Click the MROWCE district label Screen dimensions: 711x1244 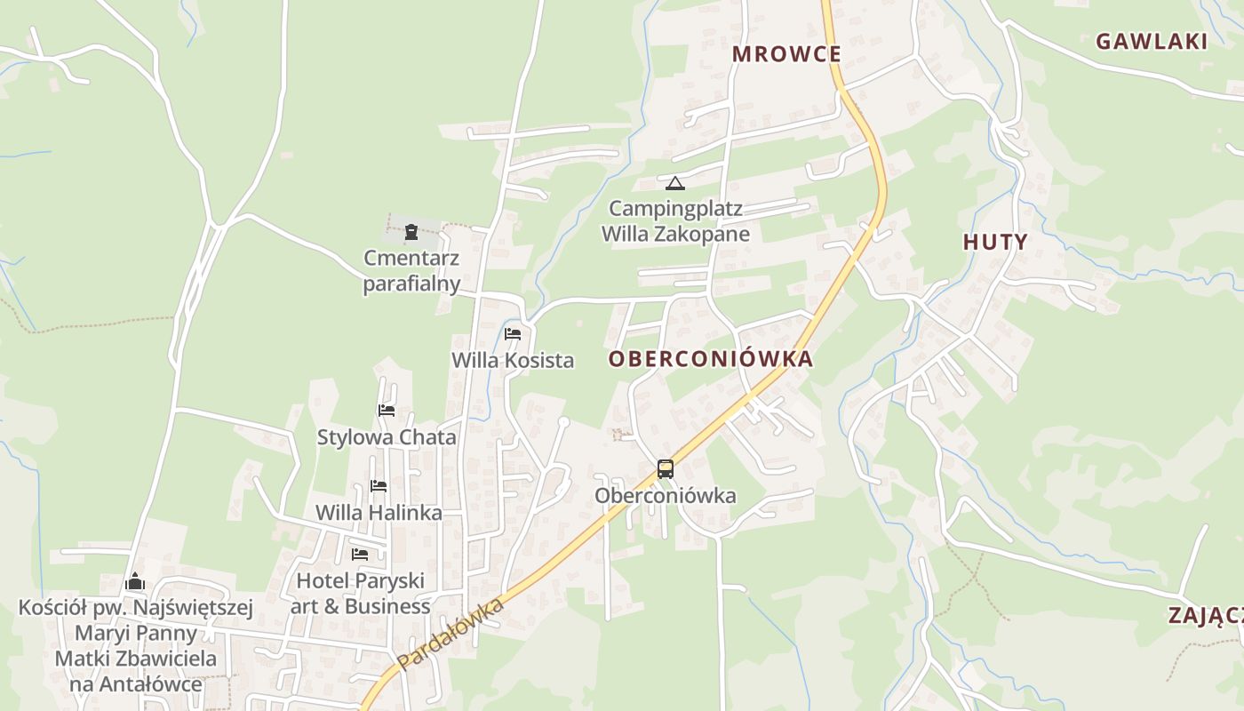786,54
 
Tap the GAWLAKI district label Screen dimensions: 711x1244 1152,41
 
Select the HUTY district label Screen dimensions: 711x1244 995,242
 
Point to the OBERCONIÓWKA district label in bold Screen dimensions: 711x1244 711,359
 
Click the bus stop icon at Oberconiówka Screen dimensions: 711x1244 665,469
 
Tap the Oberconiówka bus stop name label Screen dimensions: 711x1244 665,496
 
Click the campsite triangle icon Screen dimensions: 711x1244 675,184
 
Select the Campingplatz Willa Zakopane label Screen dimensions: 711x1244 675,222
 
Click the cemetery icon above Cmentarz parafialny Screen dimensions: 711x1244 411,233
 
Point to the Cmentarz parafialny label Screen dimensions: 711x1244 411,271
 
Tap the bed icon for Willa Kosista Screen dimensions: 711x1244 513,334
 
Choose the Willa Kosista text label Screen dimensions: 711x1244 513,361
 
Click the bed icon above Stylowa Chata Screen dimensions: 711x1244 387,411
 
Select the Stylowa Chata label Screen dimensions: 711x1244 387,437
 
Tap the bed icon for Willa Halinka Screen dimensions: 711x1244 379,486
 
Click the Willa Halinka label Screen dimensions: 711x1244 379,514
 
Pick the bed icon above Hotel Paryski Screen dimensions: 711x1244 360,554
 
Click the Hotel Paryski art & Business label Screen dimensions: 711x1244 360,594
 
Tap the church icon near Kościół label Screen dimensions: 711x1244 135,582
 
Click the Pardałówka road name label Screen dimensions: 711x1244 451,634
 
